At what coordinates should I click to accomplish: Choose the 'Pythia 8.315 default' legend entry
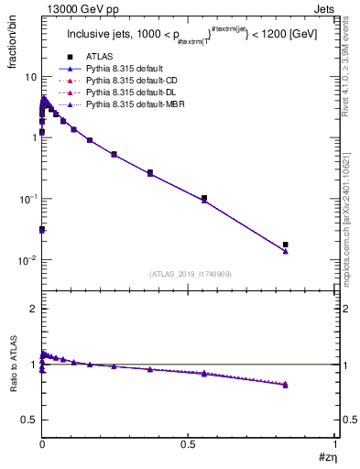click(x=129, y=69)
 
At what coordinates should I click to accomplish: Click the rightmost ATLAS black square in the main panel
click(x=286, y=245)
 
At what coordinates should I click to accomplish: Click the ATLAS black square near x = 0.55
click(x=204, y=198)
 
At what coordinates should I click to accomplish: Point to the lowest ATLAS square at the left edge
click(x=42, y=229)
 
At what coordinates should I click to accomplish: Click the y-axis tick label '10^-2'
click(x=27, y=260)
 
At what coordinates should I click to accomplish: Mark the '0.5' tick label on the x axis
click(x=189, y=442)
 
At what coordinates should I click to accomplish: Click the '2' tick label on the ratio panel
click(x=33, y=309)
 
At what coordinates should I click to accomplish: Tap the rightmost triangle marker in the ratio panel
click(x=286, y=385)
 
